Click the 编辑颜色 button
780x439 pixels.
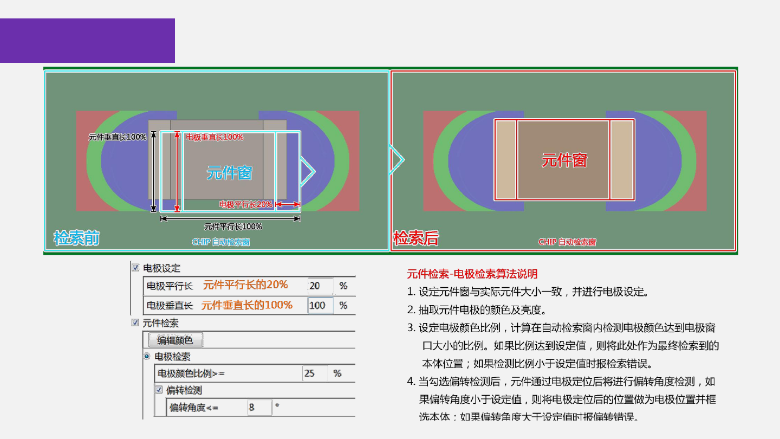pos(175,340)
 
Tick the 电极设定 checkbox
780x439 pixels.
pos(135,268)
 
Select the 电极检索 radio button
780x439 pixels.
pos(147,357)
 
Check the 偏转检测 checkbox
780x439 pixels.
pos(159,390)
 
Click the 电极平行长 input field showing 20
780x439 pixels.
pos(320,286)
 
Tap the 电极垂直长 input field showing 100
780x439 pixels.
pos(320,305)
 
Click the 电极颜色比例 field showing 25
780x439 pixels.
pos(315,373)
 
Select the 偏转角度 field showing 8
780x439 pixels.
pos(259,408)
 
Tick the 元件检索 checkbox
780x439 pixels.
pos(135,323)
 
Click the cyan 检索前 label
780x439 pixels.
pos(76,238)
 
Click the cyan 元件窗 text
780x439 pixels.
pos(230,173)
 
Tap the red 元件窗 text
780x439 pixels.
pos(564,160)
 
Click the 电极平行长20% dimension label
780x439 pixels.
pos(245,204)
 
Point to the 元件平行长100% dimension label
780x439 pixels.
pos(233,227)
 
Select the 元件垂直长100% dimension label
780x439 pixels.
pos(118,137)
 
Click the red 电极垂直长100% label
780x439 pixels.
pos(214,137)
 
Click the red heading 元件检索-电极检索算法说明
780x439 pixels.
pos(472,274)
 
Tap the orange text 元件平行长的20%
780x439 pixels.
pos(245,285)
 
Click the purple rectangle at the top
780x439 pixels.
pos(87,41)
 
